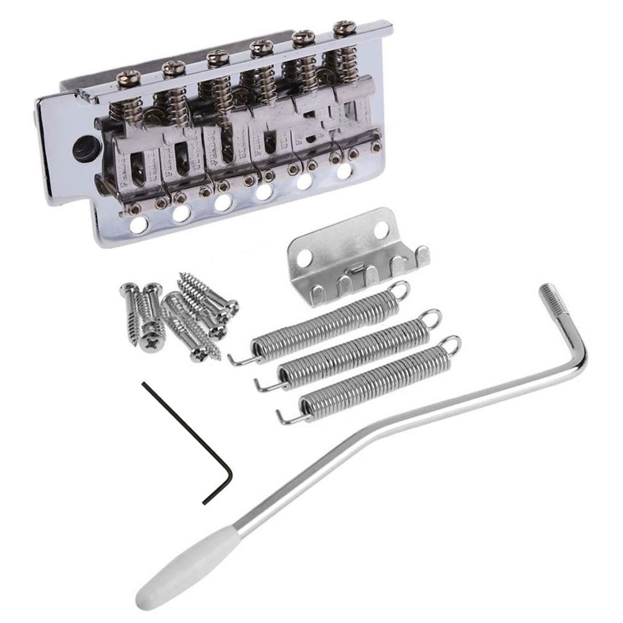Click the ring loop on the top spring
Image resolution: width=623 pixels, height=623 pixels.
click(x=400, y=290)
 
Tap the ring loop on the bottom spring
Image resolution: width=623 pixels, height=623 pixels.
click(x=451, y=344)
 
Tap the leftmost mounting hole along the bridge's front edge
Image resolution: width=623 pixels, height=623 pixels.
click(x=139, y=225)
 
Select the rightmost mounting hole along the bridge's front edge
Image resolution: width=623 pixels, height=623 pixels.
click(x=344, y=171)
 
